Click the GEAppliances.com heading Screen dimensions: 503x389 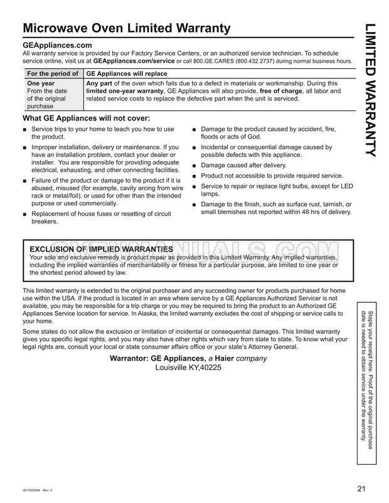point(57,46)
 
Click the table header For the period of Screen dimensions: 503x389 point(52,74)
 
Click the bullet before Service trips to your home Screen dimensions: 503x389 point(24,130)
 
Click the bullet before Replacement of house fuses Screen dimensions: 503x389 point(24,214)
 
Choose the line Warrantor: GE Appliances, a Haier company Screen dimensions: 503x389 point(189,359)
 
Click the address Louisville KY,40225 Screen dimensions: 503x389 point(188,368)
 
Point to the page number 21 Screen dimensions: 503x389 point(360,489)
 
